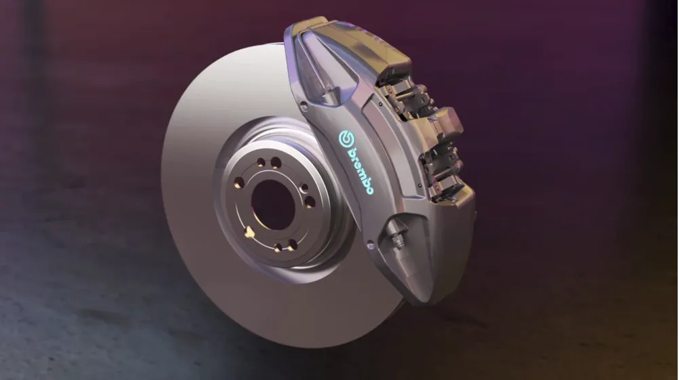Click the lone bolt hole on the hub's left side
coord(239,182)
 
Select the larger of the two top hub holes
coord(276,163)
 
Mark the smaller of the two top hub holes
coord(261,163)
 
